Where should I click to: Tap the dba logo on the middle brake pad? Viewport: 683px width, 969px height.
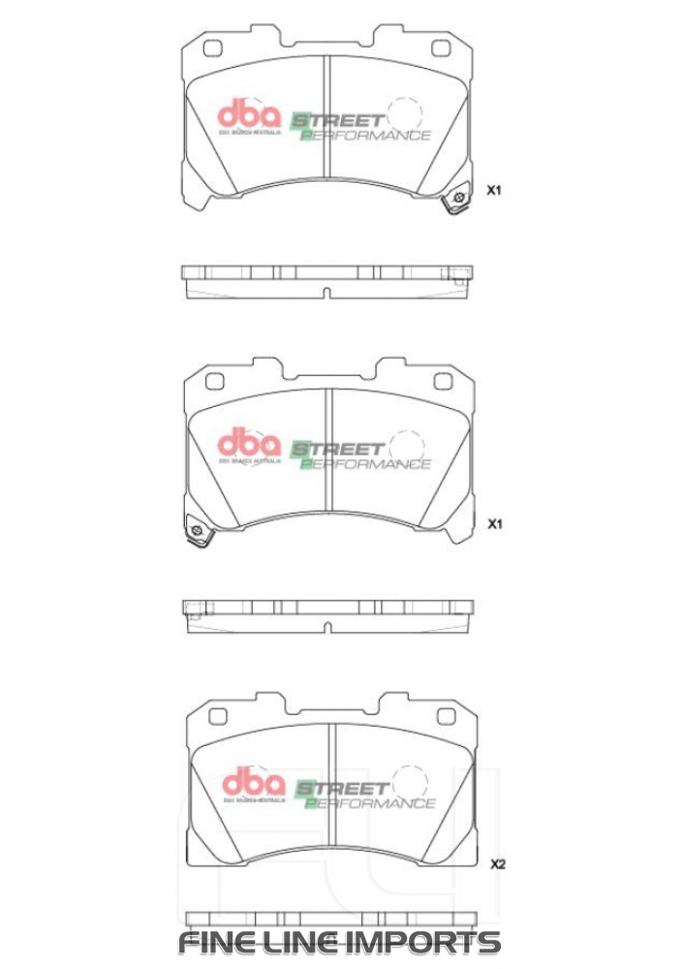point(248,445)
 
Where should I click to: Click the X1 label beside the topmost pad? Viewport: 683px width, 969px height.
point(493,191)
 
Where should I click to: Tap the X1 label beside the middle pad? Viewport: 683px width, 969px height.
point(493,524)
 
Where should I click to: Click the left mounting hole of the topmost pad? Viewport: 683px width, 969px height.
point(216,48)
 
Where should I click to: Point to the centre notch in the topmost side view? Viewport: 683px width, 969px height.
point(327,292)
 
